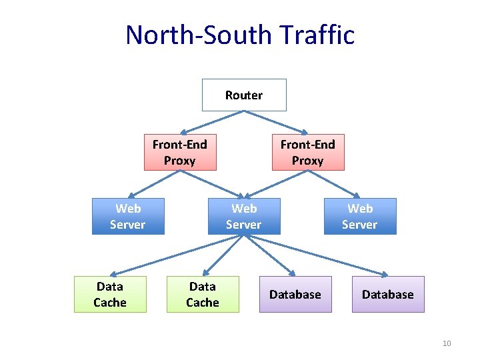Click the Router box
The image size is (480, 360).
pyautogui.click(x=244, y=95)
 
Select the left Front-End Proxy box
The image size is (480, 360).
pyautogui.click(x=180, y=153)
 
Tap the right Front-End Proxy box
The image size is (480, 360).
pyautogui.click(x=308, y=153)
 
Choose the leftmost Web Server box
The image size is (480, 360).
pyautogui.click(x=127, y=217)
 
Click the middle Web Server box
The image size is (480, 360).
pyautogui.click(x=244, y=217)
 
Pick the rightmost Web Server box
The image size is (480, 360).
pyautogui.click(x=360, y=217)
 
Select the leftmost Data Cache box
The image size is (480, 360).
pyautogui.click(x=110, y=295)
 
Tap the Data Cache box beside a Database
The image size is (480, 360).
pyautogui.click(x=203, y=295)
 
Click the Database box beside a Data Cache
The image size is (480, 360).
pyautogui.click(x=295, y=295)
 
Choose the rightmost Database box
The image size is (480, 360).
pyautogui.click(x=388, y=295)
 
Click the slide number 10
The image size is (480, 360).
pyautogui.click(x=447, y=343)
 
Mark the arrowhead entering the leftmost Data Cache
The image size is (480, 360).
pyautogui.click(x=114, y=273)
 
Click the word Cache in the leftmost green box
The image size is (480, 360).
pyautogui.click(x=110, y=303)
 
